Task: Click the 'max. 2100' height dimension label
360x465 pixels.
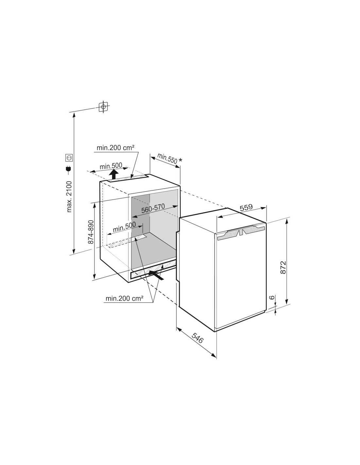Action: pos(69,197)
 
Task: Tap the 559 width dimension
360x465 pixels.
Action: pos(246,207)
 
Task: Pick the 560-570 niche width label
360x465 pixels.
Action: pos(153,208)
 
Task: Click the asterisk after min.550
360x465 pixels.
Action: pos(180,160)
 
